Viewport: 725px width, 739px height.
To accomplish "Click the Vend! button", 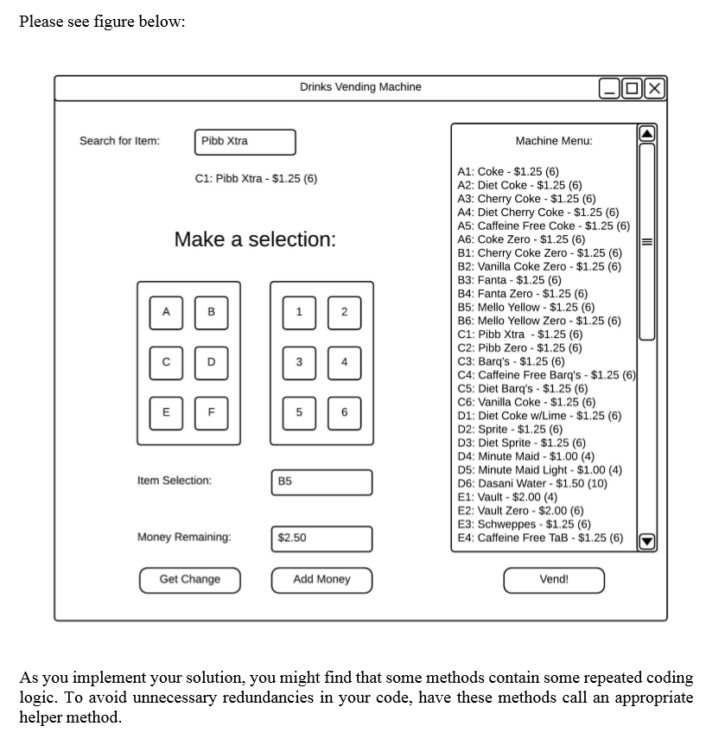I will (554, 580).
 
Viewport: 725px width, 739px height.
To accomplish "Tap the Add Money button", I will (321, 580).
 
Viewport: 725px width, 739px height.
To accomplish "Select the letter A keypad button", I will (167, 312).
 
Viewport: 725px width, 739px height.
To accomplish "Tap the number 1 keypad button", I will (299, 312).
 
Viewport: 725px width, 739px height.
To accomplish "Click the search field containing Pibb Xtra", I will (245, 142).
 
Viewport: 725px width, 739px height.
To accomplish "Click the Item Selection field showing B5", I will (321, 482).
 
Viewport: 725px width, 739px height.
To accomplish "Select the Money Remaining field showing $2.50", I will (321, 538).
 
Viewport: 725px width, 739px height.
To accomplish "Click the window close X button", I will (655, 88).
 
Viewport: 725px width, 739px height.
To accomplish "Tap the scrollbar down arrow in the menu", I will (647, 542).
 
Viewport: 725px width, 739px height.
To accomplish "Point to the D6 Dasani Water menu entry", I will (532, 483).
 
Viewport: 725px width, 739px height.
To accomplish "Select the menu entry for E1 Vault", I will (507, 497).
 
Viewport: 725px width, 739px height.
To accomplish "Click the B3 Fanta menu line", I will (509, 280).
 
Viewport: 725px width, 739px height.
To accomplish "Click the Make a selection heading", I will (255, 239).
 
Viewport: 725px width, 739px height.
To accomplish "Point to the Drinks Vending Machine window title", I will (360, 87).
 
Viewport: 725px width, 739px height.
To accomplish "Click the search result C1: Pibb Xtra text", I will (257, 179).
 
